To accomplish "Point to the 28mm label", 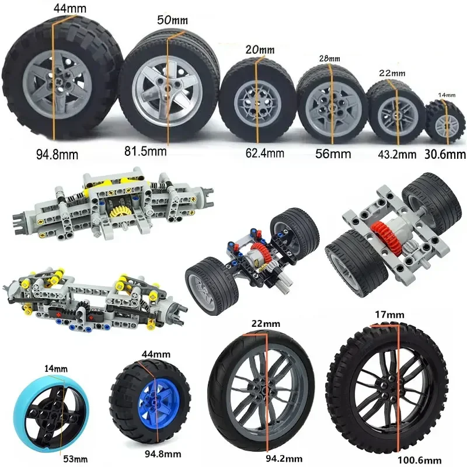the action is (329, 58).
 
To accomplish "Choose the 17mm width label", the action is (388, 315).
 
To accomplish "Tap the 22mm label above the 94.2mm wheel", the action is (264, 323).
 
